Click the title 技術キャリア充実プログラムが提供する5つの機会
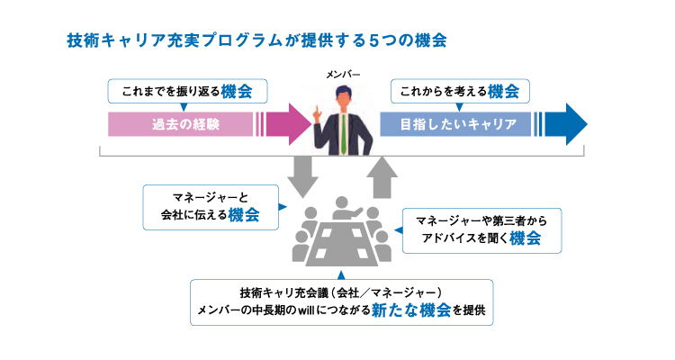coord(256,41)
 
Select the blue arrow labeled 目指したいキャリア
coord(481,123)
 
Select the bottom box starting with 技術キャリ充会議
coord(341,302)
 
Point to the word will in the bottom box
coord(322,312)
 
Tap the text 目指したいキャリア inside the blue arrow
coord(458,123)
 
